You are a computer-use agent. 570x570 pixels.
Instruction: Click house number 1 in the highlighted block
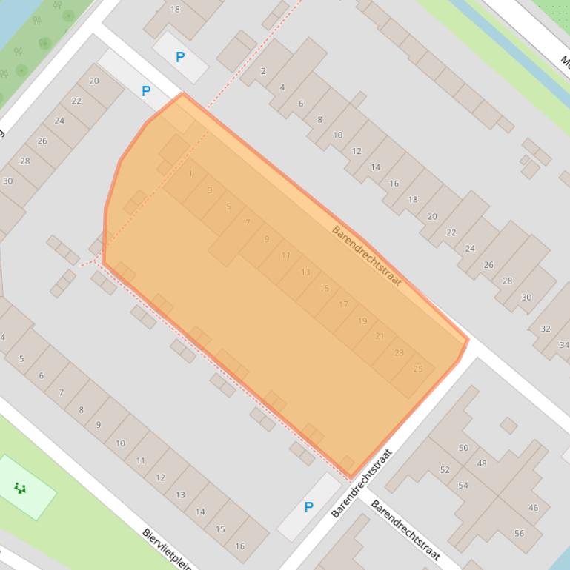click(x=190, y=173)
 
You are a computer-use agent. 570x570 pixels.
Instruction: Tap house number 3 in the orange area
click(x=210, y=190)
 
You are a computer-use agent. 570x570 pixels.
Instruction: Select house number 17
click(x=343, y=304)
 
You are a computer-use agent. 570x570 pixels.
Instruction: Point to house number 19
click(x=362, y=321)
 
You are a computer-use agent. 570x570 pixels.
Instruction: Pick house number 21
click(x=380, y=336)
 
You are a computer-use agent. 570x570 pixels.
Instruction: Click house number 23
click(x=400, y=353)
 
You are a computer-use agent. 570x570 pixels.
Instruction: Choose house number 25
click(x=418, y=369)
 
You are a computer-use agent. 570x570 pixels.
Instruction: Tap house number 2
click(x=263, y=71)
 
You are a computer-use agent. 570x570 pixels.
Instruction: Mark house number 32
click(x=546, y=329)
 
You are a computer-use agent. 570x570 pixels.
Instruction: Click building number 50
click(x=463, y=448)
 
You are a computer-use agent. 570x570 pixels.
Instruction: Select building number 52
click(x=445, y=470)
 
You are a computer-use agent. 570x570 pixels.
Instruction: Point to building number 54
click(x=463, y=486)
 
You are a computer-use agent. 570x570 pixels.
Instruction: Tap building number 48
click(x=482, y=463)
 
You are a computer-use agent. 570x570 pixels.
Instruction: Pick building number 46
click(x=533, y=508)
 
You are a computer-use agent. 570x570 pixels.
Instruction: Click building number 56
click(x=518, y=533)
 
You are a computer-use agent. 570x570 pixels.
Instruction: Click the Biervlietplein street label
click(x=167, y=549)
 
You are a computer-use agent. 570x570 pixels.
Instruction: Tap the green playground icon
click(x=20, y=487)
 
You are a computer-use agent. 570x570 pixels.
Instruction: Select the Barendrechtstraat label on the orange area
click(x=366, y=254)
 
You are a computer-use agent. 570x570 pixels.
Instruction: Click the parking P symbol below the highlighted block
click(x=308, y=507)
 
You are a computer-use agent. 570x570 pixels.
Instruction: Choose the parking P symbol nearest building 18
click(x=179, y=57)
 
